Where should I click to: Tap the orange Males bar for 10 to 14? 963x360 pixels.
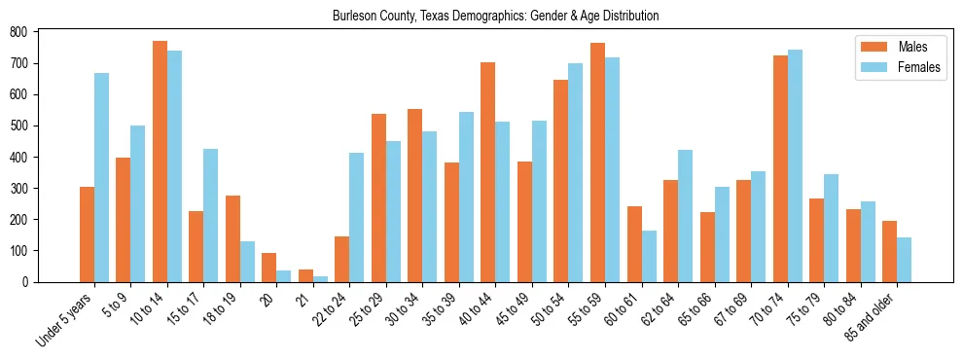tap(160, 162)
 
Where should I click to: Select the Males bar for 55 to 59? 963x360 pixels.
tap(597, 162)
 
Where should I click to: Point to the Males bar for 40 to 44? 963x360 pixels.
tap(488, 172)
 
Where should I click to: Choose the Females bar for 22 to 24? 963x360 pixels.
tap(357, 217)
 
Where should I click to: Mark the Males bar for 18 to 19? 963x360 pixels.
tap(232, 238)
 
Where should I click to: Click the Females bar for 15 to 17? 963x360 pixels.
tap(211, 215)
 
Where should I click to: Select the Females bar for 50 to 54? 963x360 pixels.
tap(576, 172)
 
